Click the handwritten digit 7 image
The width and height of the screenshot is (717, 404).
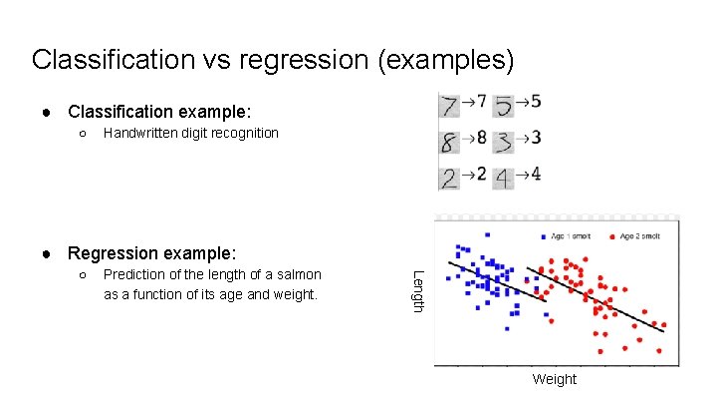[450, 106]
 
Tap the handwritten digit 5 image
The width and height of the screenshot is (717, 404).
[504, 106]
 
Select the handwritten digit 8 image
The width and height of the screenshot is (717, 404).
[450, 142]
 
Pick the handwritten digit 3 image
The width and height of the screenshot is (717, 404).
[504, 142]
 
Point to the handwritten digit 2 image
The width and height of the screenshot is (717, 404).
[450, 179]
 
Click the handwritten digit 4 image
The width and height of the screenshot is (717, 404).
[504, 179]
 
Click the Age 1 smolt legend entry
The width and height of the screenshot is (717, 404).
[569, 236]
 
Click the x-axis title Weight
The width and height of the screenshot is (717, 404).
[554, 379]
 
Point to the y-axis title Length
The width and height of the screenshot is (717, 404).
[418, 290]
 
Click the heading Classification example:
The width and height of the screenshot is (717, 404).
[159, 110]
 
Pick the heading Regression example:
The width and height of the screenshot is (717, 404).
[151, 252]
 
